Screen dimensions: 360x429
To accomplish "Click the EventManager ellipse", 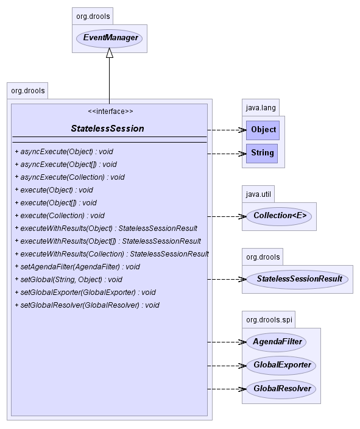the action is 109,38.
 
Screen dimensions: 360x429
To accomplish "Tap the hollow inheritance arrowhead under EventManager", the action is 110,53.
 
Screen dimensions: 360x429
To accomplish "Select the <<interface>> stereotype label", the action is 110,112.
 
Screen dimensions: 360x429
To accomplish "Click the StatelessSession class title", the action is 107,129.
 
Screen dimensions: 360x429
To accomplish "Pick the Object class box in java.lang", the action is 263,130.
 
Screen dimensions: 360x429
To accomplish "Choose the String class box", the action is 262,154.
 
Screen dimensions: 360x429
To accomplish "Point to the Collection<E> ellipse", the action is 279,216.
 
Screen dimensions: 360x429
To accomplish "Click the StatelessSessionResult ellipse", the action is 297,279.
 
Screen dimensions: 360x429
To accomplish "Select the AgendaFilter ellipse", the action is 276,342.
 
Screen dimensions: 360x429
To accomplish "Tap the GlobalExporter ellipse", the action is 281,366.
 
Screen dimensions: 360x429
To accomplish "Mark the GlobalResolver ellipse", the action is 281,389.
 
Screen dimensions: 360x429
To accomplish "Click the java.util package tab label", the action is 258,194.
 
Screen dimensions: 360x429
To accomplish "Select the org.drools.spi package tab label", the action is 269,319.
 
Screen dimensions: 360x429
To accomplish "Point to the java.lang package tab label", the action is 261,108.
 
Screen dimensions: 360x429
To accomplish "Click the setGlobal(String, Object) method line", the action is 69,280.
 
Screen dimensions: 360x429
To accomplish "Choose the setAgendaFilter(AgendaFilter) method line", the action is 77,267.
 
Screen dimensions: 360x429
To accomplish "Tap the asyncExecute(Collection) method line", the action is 70,177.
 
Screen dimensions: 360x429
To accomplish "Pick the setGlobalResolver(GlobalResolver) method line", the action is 87,305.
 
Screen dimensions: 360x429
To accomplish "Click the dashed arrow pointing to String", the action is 227,154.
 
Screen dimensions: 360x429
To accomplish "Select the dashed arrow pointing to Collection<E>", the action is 227,217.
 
